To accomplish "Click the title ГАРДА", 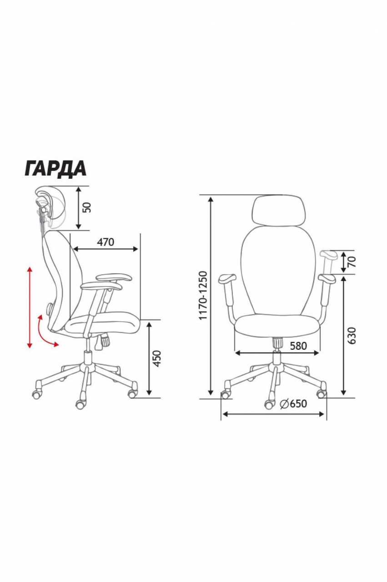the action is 55,169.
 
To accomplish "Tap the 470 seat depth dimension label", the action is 105,242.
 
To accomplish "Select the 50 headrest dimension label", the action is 88,207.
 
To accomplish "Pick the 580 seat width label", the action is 298,346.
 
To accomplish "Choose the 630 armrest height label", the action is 352,336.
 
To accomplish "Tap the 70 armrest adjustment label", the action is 352,261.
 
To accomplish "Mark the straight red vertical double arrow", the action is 30,306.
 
